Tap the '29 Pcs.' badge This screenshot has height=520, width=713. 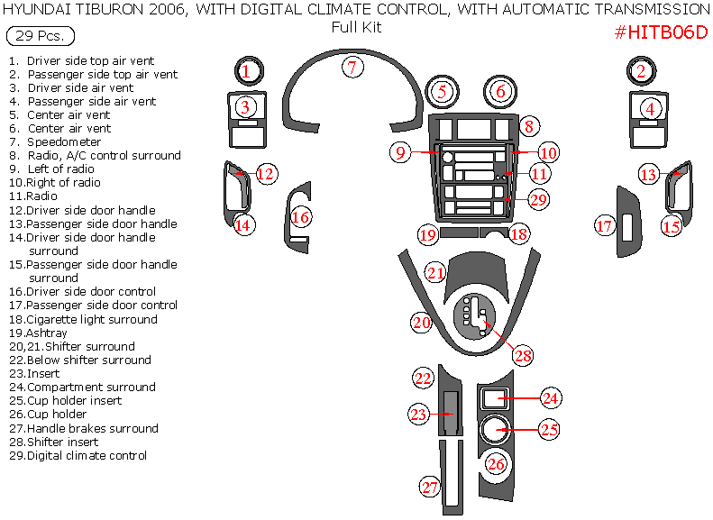[40, 37]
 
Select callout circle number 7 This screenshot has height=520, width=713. [352, 67]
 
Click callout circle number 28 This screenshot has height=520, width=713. [523, 355]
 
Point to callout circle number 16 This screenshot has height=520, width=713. [300, 217]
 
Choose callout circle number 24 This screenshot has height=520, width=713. [551, 397]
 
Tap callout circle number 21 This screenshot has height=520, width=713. [436, 272]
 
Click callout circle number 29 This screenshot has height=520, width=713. [538, 199]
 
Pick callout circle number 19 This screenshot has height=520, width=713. [427, 235]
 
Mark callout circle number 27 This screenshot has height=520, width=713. [430, 488]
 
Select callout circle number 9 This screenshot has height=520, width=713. [401, 152]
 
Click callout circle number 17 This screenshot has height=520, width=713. [604, 225]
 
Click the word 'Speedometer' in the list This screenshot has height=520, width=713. [64, 142]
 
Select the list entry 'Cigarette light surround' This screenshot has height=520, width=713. [92, 319]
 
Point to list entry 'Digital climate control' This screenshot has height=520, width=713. [87, 455]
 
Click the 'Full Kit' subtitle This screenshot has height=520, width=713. [356, 27]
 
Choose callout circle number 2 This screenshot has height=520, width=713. [641, 71]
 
